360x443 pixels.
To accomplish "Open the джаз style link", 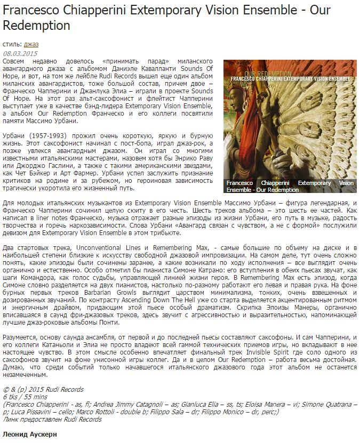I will [31, 44].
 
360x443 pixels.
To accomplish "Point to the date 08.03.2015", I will [20, 53].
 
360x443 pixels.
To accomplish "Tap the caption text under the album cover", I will [290, 186].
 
